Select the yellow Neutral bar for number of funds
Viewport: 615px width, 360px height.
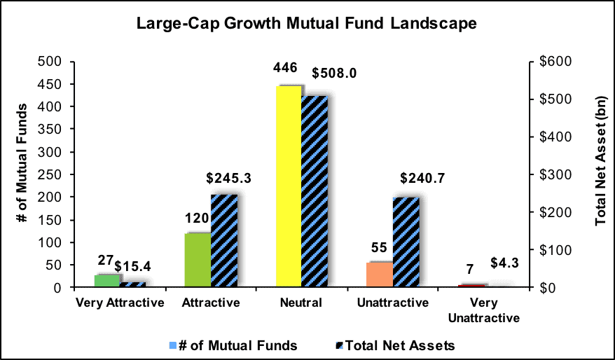[x=289, y=186]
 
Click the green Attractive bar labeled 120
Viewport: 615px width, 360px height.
[x=198, y=260]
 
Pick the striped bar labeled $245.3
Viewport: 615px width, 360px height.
[x=224, y=241]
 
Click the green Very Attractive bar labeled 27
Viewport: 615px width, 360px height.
[x=107, y=281]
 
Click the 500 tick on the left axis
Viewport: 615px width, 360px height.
[x=55, y=62]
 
